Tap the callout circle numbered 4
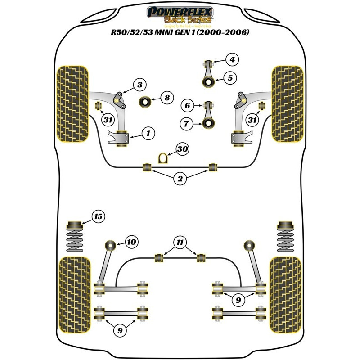click(232, 59)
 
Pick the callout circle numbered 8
click(166, 97)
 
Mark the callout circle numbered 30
click(182, 149)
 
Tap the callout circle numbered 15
click(98, 217)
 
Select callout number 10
click(130, 243)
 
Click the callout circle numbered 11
click(180, 243)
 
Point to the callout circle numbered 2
click(180, 180)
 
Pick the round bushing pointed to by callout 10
click(110, 246)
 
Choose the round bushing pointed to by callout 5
click(209, 82)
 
